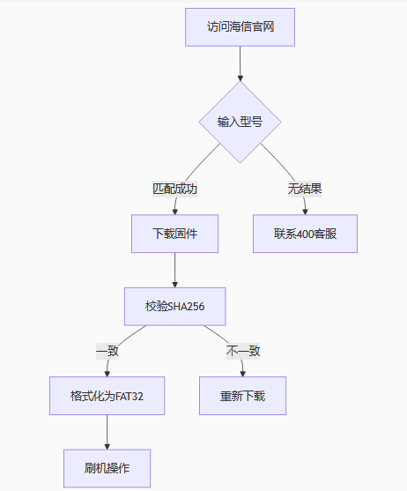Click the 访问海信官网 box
(240, 27)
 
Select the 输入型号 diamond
(240, 122)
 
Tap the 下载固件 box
(175, 234)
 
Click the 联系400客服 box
(305, 234)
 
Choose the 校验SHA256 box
(175, 307)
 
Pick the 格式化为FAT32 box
(107, 396)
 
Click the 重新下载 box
(243, 396)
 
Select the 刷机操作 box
(107, 468)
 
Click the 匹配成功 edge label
(175, 189)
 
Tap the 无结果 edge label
(305, 189)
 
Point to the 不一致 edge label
(243, 351)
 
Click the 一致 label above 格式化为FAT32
(107, 351)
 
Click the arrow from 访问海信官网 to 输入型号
(240, 63)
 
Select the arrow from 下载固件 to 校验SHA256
(175, 270)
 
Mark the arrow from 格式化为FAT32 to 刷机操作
(107, 432)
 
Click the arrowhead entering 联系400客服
(305, 212)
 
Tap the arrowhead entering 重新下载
(243, 374)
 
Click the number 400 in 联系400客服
(305, 234)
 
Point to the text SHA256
(187, 307)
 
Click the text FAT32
(129, 397)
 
